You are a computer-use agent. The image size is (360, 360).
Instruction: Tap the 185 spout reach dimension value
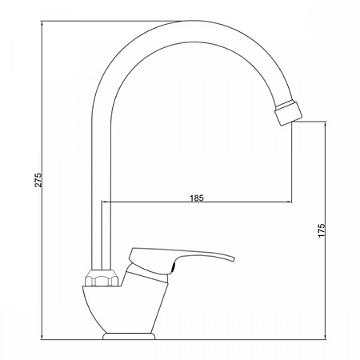pyautogui.click(x=196, y=197)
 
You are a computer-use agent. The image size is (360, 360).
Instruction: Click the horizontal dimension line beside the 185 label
pyautogui.click(x=240, y=203)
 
